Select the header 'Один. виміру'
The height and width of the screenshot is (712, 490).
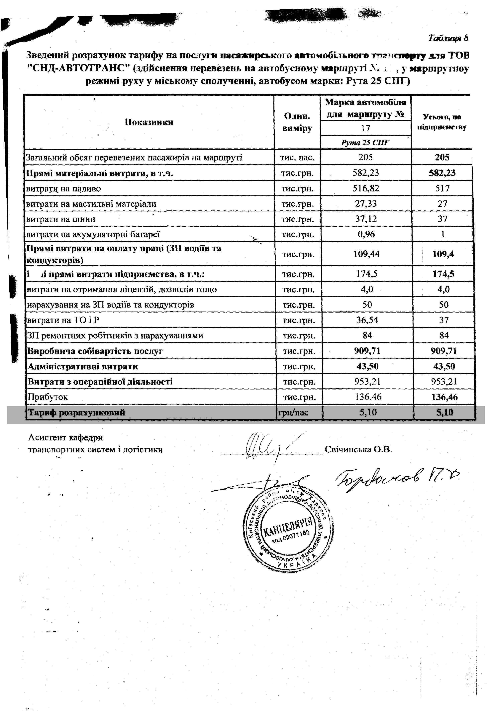tap(297, 122)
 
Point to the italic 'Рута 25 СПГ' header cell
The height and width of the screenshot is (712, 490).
tap(365, 143)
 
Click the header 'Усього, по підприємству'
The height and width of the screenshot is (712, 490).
tap(442, 122)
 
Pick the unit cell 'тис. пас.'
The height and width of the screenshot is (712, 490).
tap(297, 158)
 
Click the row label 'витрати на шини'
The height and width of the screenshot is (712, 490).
tap(61, 219)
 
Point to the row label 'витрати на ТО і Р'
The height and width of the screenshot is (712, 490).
tap(63, 320)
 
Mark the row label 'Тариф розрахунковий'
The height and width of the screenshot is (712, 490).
tap(77, 412)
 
